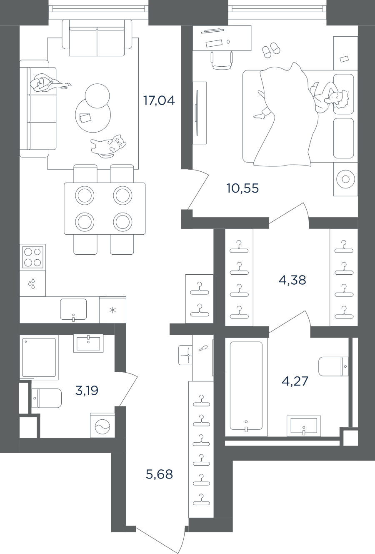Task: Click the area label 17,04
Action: coord(159,100)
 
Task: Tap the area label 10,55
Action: coord(242,188)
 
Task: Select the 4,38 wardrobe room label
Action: coord(292,281)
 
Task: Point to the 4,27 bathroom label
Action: coord(295,381)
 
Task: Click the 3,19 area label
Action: coord(87,391)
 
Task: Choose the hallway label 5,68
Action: coord(159,474)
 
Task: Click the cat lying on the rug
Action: coord(108,146)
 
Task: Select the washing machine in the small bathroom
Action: coord(102,425)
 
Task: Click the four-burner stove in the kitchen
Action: coord(32,257)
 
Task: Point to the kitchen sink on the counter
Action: coord(73,309)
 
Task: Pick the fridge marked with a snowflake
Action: coord(113,310)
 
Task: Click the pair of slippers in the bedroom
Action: coord(271,50)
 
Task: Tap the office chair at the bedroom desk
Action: coord(222,60)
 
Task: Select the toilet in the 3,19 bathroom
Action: coord(47,398)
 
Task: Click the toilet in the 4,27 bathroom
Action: coord(333,366)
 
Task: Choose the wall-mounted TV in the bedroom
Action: coord(197,113)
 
